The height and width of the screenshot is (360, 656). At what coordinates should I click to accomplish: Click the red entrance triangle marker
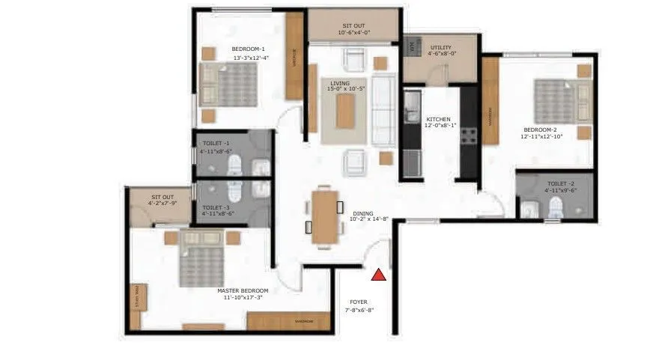coord(380,274)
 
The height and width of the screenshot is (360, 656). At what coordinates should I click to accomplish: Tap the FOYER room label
coord(359,302)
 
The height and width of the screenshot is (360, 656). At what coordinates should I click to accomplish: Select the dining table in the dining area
coord(324,216)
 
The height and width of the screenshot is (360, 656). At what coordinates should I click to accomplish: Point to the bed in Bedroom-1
coord(228,85)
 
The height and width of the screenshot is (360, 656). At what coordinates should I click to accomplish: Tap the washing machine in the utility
coord(412,46)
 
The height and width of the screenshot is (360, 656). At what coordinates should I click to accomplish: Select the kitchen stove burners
coord(469,136)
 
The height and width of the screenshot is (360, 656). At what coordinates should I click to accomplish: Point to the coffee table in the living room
coord(344,111)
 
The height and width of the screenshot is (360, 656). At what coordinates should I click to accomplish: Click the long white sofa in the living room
coord(383,111)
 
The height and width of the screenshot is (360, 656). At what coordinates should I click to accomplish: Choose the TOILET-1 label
coord(216,142)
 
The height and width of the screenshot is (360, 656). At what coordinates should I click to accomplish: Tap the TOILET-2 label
coord(560,183)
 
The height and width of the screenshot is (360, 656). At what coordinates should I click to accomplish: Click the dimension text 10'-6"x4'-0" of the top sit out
coord(354,32)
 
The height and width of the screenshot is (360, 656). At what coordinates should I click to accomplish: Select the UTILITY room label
coord(440,47)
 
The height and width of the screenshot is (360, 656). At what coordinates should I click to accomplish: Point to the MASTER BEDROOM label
coord(242,290)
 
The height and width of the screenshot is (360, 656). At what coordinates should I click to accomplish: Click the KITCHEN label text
coord(438,119)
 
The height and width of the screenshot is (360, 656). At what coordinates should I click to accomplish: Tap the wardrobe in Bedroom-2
coord(491,112)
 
